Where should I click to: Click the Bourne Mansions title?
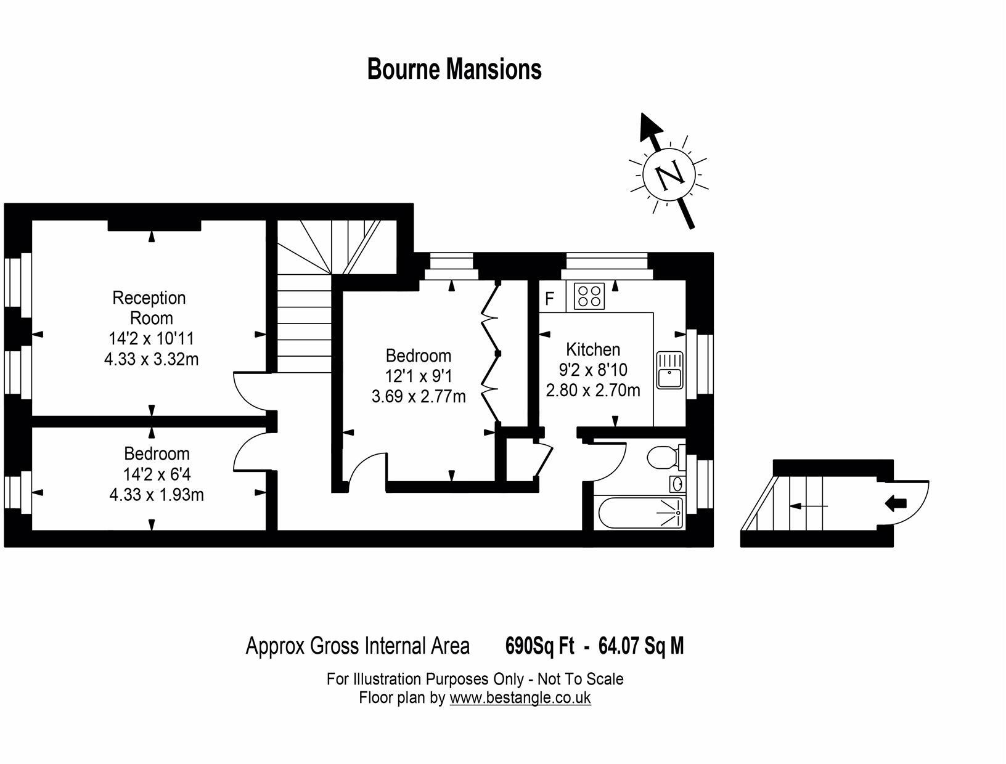pyautogui.click(x=454, y=69)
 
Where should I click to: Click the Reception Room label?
pyautogui.click(x=149, y=307)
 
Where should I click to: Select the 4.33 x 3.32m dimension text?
pyautogui.click(x=152, y=359)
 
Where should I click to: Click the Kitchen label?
pyautogui.click(x=593, y=349)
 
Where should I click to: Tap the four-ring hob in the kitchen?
pyautogui.click(x=589, y=295)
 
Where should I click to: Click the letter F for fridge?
pyautogui.click(x=549, y=299)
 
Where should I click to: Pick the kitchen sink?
pyautogui.click(x=669, y=370)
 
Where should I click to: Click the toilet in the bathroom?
pyautogui.click(x=663, y=458)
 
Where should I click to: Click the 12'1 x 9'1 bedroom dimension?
pyautogui.click(x=419, y=376)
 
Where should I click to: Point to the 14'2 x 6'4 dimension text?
pyautogui.click(x=156, y=474)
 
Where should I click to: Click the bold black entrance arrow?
pyautogui.click(x=896, y=503)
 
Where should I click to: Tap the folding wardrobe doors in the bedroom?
pyautogui.click(x=489, y=353)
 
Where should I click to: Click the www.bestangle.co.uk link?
pyautogui.click(x=520, y=697)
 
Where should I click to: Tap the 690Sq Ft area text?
pyautogui.click(x=539, y=646)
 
